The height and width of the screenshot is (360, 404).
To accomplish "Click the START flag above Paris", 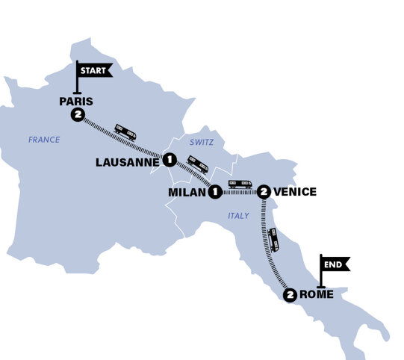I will (x=94, y=70).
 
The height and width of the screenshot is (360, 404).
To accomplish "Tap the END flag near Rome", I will (x=335, y=263).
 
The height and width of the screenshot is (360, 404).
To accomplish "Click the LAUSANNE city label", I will (x=128, y=160).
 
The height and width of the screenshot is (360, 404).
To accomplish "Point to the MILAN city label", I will (x=186, y=192).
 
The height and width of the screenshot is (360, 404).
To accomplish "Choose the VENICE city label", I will (x=296, y=192).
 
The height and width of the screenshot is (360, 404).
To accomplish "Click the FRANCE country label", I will (x=43, y=140).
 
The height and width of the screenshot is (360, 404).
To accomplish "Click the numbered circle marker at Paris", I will (x=77, y=114).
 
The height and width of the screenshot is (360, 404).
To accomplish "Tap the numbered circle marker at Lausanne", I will (x=170, y=159).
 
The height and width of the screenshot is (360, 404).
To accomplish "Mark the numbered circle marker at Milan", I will (x=215, y=192).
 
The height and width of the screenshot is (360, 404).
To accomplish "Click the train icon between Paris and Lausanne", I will (x=125, y=133).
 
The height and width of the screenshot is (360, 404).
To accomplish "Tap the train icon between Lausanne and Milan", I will (x=198, y=164).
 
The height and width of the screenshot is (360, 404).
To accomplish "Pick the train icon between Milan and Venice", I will (x=240, y=183).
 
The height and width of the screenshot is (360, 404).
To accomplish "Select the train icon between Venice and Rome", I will (x=274, y=240).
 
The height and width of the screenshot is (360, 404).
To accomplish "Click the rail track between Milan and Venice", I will (x=239, y=192).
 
